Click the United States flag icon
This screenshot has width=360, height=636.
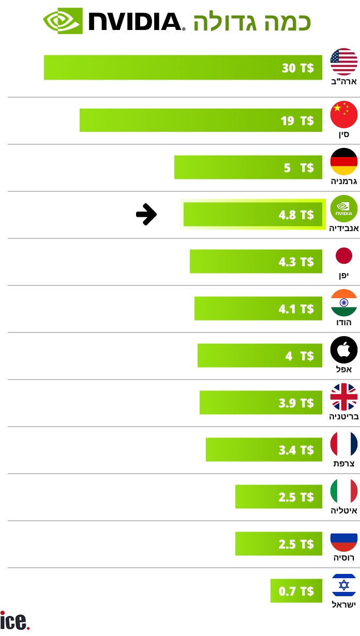[344, 62]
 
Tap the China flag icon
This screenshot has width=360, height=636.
[344, 114]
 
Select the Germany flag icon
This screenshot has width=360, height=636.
[344, 161]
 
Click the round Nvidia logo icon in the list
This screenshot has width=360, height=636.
[344, 209]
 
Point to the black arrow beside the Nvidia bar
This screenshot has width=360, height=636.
[146, 214]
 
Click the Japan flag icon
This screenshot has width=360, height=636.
[344, 256]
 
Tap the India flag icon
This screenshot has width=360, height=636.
[344, 303]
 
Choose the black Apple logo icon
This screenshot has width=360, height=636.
[344, 351]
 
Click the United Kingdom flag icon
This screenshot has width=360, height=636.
[344, 397]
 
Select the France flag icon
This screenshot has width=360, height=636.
[344, 444]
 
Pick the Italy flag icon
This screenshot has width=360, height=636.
[344, 491]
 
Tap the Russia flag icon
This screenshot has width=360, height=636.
[344, 538]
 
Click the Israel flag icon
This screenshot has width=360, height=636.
[344, 586]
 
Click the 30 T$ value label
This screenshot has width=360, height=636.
[298, 68]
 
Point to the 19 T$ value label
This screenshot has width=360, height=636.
[297, 120]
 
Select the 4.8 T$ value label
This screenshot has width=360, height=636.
[296, 215]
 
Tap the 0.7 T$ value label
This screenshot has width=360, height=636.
[296, 591]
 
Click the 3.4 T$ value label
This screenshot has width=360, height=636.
[296, 450]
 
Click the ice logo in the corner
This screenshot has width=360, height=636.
[15, 620]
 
